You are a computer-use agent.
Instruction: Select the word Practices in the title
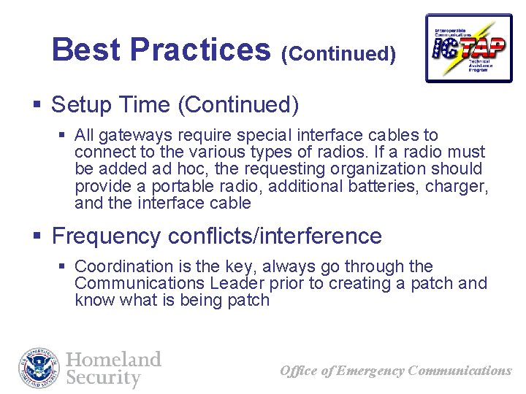coord(199,50)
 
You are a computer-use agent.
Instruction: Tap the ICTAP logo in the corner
coord(468,47)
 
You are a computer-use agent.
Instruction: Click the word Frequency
coord(106,236)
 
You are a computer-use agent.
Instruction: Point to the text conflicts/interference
coord(275,236)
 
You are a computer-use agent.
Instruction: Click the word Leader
coord(230,284)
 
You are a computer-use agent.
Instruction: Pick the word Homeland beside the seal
coord(113,360)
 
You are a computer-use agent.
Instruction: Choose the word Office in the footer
coord(298,371)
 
